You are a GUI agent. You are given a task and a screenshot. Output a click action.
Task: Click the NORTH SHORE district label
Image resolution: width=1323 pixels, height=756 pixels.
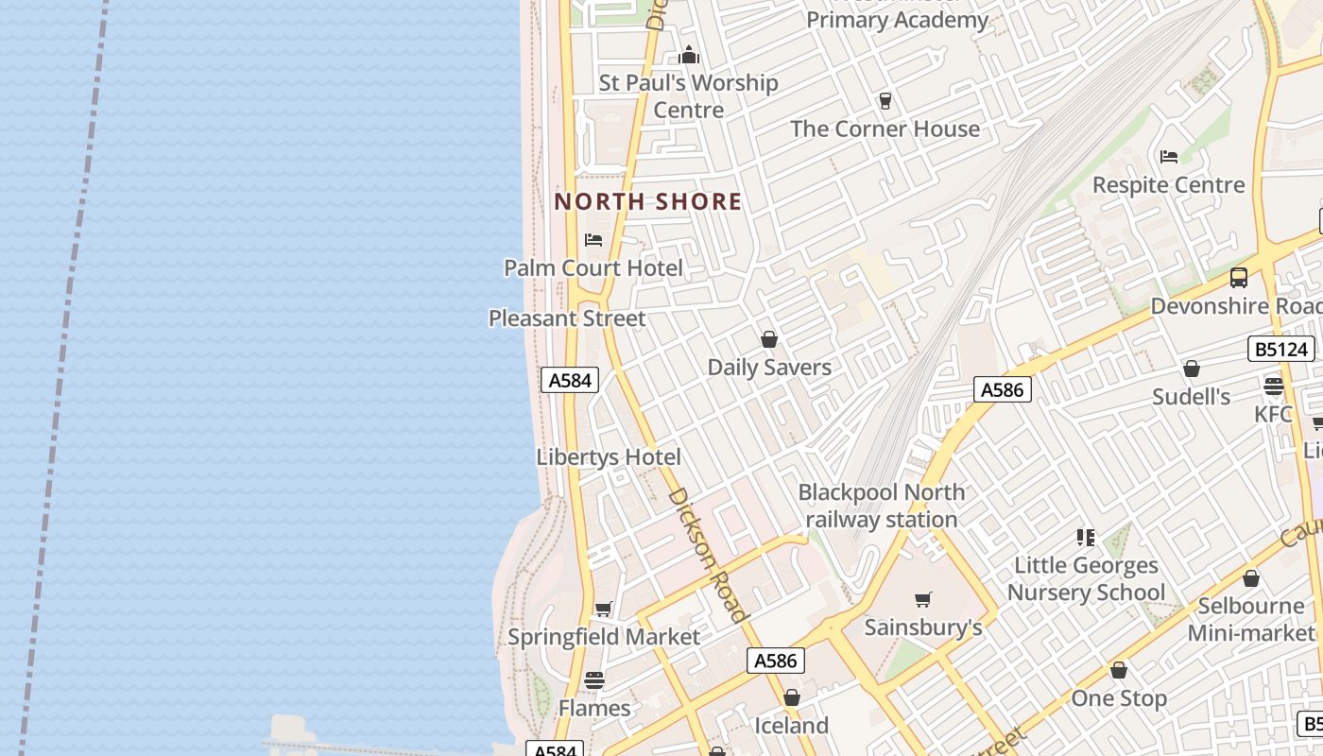(647, 201)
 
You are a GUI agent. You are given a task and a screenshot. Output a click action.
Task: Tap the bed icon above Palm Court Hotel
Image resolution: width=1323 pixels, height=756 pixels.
(593, 240)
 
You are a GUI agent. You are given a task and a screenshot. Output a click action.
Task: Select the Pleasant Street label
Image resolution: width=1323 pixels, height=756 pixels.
(567, 318)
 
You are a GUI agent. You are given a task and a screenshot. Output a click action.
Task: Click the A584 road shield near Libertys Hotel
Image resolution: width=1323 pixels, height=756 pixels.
(570, 380)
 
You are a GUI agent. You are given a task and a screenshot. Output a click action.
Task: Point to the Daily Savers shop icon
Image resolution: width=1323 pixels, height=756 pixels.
(769, 339)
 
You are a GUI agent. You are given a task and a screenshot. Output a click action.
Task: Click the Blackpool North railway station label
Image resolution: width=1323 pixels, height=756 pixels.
(881, 506)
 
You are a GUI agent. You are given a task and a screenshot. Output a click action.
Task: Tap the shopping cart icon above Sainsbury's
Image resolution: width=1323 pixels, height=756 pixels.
(923, 599)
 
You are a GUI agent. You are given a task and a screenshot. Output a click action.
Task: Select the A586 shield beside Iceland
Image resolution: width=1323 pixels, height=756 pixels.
(776, 661)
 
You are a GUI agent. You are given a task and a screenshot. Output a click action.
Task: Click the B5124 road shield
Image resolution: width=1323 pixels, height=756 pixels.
(1281, 349)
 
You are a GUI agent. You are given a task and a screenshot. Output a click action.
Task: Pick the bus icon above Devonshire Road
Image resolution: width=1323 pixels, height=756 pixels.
(1238, 278)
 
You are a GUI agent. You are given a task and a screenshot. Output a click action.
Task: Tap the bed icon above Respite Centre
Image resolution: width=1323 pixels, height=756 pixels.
(1169, 156)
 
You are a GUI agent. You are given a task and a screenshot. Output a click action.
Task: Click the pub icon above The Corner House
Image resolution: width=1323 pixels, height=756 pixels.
(885, 100)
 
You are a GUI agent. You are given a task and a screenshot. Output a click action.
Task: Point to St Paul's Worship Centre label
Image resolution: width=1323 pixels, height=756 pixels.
(689, 96)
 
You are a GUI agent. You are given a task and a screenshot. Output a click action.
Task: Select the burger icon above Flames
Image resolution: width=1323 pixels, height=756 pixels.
(593, 679)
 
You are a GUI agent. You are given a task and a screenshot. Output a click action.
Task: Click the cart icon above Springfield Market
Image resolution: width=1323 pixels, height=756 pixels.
(603, 609)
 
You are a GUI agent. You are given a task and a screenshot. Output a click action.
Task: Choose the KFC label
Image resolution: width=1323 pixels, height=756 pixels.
(1273, 414)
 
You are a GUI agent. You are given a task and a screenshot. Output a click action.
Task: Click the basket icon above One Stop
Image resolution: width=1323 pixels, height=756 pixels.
(1119, 670)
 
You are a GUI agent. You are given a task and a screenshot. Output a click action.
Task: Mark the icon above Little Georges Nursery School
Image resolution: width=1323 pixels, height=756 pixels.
(1085, 538)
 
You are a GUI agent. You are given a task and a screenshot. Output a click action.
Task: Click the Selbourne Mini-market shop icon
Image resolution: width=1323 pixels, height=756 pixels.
(1251, 578)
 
